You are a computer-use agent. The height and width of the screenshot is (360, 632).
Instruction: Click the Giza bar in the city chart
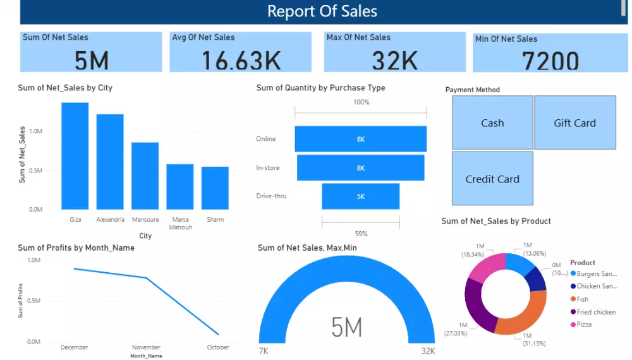pos(75,156)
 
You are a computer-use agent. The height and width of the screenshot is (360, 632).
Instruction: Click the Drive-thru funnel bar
pos(360,196)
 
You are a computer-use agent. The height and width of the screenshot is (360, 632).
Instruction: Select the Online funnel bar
pos(360,139)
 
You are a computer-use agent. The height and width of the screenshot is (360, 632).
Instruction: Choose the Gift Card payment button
pos(574,123)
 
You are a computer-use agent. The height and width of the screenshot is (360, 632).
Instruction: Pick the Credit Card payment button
pos(492,179)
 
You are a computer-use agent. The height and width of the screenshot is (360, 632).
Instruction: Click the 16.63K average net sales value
pos(241,60)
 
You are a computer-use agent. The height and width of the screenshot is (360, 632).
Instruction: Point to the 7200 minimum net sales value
pos(550,61)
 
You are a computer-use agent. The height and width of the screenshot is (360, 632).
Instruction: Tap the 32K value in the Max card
pos(394,60)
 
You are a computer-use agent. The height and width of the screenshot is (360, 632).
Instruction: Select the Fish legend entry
pos(582,299)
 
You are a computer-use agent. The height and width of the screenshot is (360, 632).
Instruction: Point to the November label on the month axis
pos(146,347)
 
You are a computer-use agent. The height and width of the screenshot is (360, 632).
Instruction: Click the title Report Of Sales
pos(322,11)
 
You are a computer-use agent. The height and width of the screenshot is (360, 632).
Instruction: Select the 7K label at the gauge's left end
pos(264,351)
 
